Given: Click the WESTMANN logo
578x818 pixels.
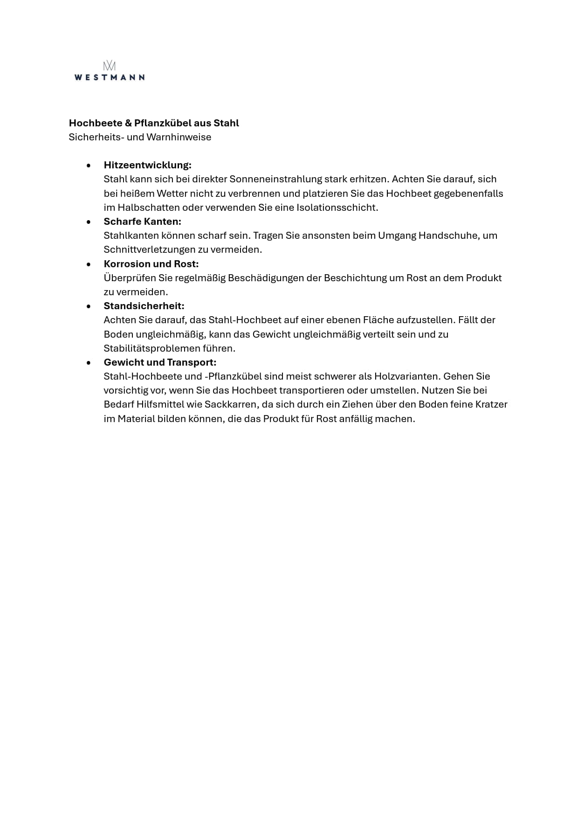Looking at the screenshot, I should [109, 71].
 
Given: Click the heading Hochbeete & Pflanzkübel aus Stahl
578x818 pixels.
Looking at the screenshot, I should [154, 123].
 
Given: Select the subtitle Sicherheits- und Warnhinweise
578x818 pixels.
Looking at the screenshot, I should [140, 137].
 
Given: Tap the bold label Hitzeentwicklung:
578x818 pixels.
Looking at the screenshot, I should [147, 165].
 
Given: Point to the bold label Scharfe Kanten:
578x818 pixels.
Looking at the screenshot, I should [142, 222].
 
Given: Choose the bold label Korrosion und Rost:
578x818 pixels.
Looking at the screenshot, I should [151, 264].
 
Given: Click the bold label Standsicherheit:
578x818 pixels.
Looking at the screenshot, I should [144, 306].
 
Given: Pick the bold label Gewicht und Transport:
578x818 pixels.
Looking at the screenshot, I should [160, 362].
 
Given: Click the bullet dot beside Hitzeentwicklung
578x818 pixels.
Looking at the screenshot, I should [89, 166].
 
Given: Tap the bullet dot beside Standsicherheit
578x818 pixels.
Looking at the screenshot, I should [89, 306].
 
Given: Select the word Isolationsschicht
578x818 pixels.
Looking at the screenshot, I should [337, 208].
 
